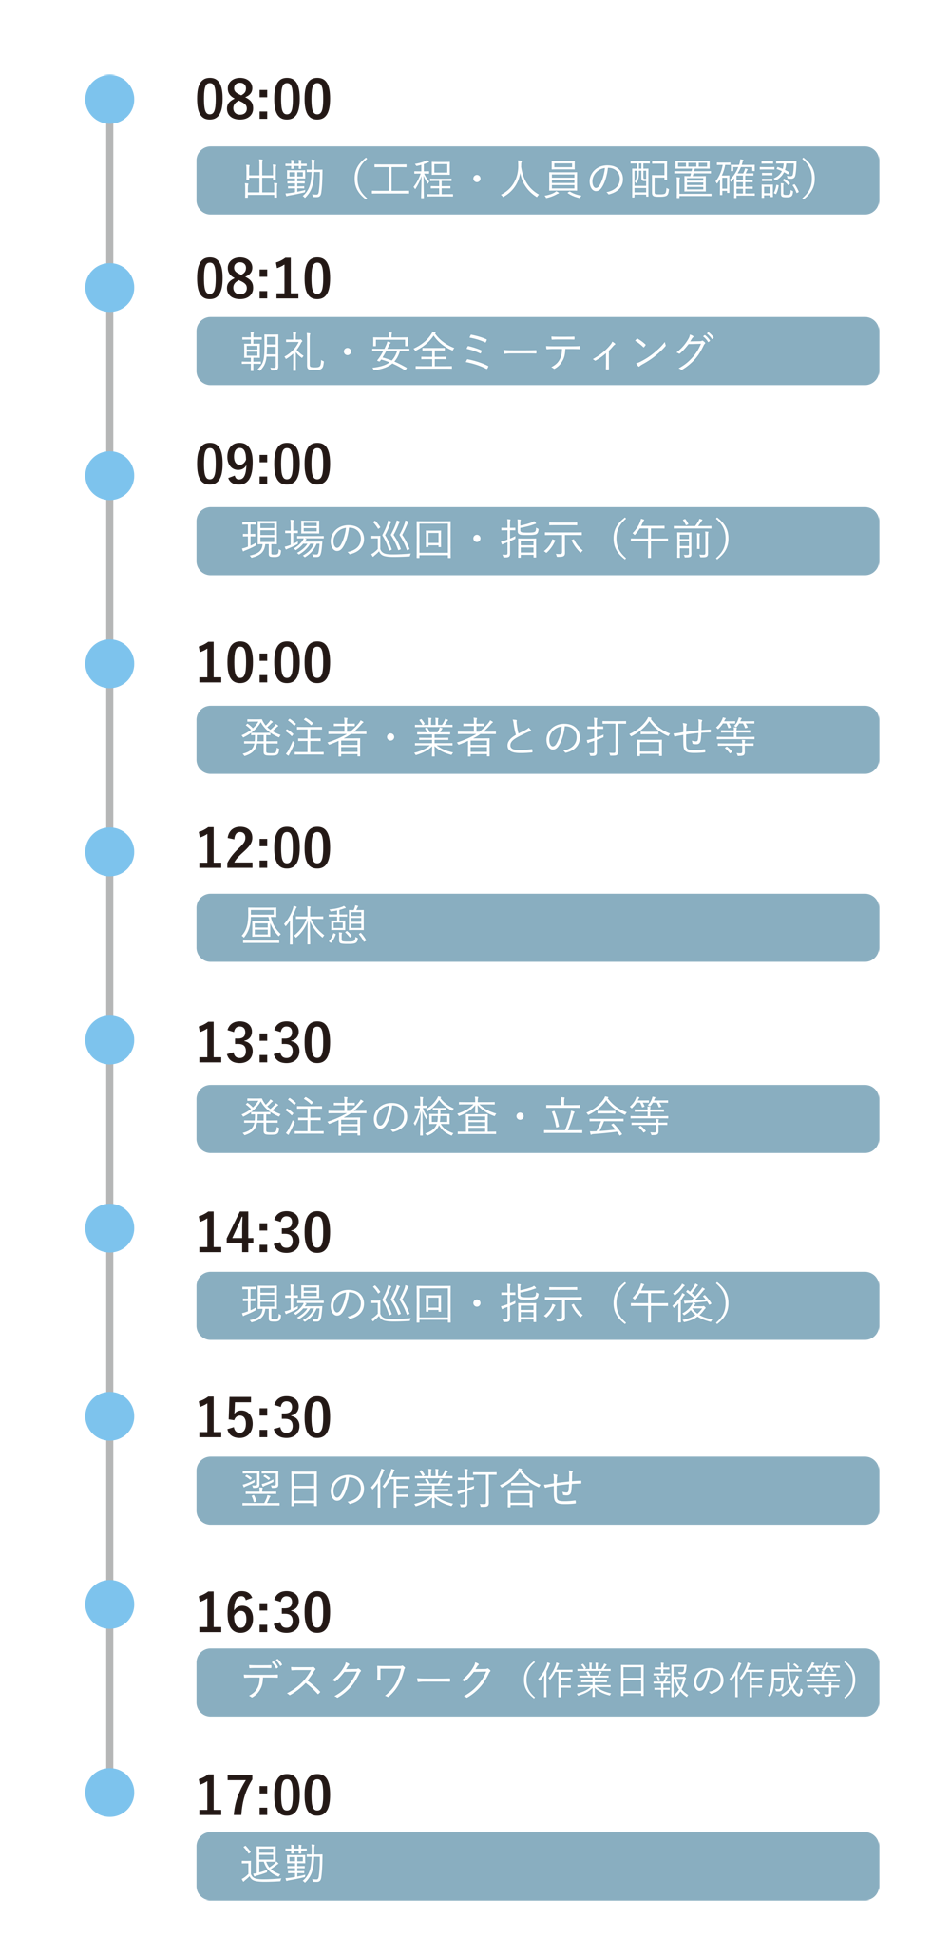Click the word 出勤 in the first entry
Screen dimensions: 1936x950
[283, 180]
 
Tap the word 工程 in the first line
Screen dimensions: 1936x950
[412, 180]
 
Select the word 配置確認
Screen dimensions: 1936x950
[713, 180]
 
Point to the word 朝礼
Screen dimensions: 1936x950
[283, 352]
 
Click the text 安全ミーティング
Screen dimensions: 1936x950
[541, 352]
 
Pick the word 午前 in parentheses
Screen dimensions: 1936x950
[671, 540]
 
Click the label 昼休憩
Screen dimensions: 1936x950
[304, 925]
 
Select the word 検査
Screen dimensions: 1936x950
[455, 1116]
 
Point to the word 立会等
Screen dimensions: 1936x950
[606, 1116]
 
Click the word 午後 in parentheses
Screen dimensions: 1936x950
[671, 1302]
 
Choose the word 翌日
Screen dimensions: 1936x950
[283, 1488]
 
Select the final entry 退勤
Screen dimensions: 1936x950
[283, 1864]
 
